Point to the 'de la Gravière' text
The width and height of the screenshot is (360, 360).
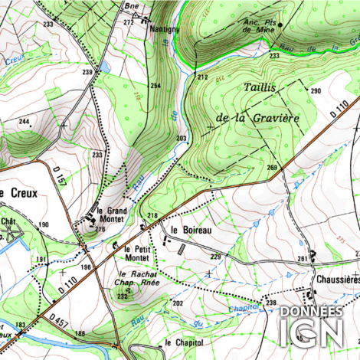[x=257, y=117]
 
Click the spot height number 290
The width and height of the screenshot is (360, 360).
[x=315, y=92]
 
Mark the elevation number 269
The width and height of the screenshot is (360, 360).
[x=271, y=168]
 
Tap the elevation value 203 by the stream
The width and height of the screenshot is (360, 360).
[x=181, y=139]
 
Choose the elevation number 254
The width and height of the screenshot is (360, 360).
[x=155, y=86]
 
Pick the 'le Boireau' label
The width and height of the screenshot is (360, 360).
[x=191, y=229]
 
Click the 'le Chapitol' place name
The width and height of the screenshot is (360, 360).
[x=183, y=342]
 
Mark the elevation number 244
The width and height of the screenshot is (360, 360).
[x=25, y=122]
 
